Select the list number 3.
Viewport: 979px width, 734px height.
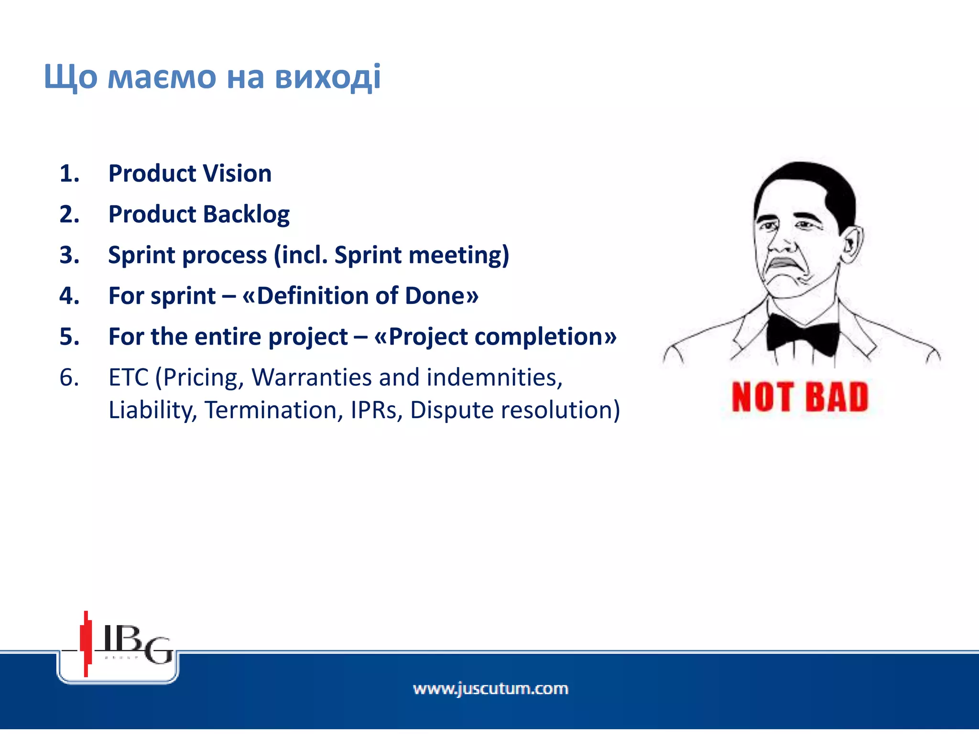coord(69,255)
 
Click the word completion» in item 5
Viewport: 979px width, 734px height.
coord(545,336)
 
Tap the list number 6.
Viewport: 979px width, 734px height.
coord(69,378)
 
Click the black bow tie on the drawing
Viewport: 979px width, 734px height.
coord(803,334)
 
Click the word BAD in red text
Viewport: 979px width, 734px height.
coord(837,397)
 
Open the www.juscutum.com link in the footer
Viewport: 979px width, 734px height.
coord(490,689)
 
